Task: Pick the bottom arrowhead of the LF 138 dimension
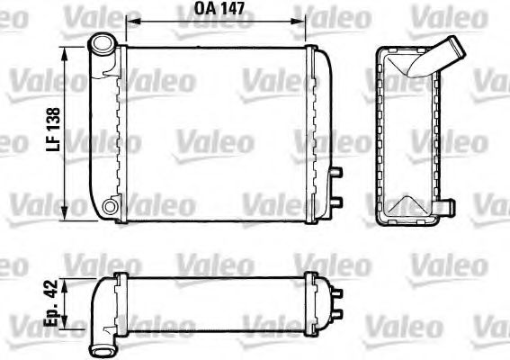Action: point(67,216)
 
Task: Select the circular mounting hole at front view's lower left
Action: point(111,208)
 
